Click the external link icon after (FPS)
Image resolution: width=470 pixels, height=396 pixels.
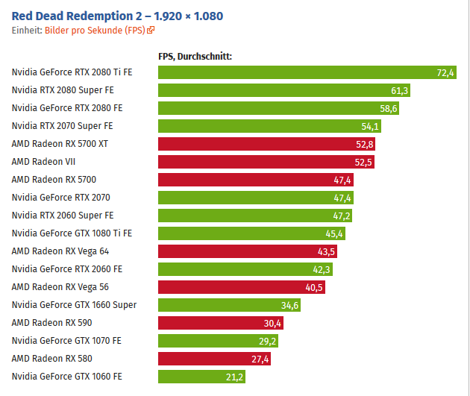coord(151,31)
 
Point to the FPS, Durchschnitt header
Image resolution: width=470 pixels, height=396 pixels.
coord(195,56)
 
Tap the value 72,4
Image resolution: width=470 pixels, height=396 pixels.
coord(445,72)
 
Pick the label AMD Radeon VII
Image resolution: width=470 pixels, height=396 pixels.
coord(43,161)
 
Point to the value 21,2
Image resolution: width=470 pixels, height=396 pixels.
coord(234,377)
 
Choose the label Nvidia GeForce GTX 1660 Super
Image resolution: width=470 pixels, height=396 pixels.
coord(74,304)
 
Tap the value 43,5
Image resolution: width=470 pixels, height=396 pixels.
coord(326,251)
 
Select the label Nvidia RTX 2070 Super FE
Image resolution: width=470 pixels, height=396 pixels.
coord(62,126)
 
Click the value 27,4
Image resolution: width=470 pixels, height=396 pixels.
coord(260,359)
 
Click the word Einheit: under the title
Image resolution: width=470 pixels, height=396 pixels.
coord(27,31)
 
